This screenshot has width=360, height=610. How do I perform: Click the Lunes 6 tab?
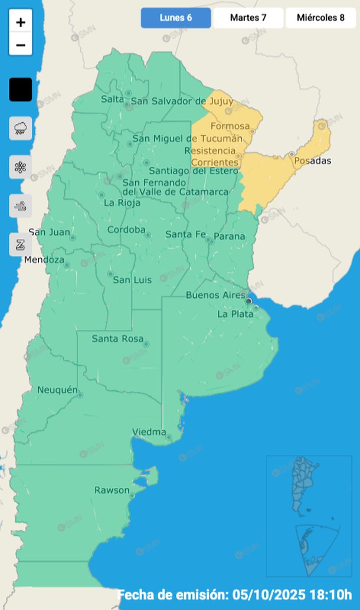[175, 18]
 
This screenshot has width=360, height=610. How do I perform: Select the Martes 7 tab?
[248, 18]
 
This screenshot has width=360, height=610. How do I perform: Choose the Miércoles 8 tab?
[321, 18]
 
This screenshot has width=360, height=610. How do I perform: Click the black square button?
[21, 90]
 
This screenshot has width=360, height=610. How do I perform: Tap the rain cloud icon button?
[21, 128]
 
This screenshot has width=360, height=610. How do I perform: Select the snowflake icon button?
[21, 167]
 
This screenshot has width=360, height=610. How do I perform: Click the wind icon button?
[21, 206]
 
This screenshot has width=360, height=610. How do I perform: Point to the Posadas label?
[313, 161]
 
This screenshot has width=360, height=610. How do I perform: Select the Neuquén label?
[57, 390]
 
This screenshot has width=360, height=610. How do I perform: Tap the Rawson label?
[112, 490]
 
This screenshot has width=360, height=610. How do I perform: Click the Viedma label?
[149, 432]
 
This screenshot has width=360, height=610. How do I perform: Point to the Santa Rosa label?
[117, 339]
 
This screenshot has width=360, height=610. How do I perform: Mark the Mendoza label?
[44, 260]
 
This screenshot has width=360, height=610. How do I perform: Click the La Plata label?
[235, 314]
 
